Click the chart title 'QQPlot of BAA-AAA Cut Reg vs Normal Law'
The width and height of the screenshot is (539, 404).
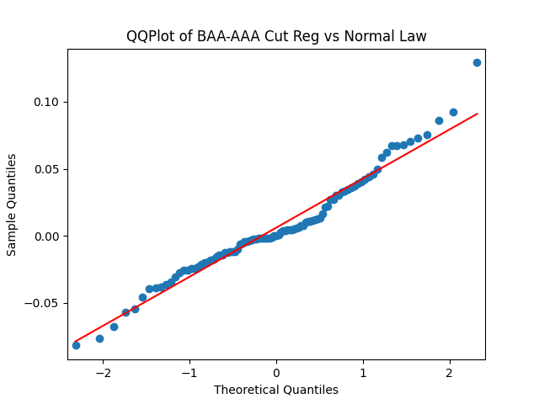coord(276,36)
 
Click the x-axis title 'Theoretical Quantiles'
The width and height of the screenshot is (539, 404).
coord(276,390)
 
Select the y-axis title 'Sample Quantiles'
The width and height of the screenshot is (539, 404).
coord(12,205)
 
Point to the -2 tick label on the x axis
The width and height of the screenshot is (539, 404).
coord(103,373)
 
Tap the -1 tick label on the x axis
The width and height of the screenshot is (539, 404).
coord(189,373)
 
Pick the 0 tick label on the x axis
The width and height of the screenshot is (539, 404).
coord(276,373)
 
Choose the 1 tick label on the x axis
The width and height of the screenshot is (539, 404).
coord(363,373)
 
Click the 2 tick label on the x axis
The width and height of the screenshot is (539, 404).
coord(450,373)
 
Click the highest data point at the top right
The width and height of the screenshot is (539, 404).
coord(477,62)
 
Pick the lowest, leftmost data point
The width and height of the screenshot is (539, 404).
coord(76,345)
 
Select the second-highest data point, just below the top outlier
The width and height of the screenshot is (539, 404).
coord(453,112)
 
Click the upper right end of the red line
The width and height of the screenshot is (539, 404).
coord(477,114)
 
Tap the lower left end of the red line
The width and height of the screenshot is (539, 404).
coord(76,341)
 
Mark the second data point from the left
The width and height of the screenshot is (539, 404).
coord(99,338)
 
